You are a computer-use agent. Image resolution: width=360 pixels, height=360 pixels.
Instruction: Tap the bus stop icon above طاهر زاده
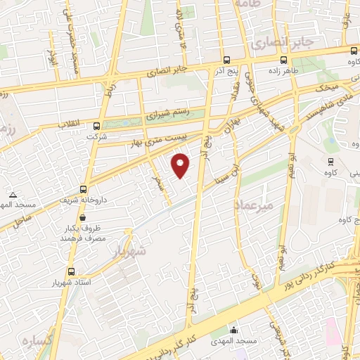click(x=283, y=60)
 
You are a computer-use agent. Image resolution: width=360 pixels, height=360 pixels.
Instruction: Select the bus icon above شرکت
click(x=96, y=127)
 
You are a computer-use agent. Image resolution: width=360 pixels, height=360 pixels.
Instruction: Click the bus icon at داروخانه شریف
click(x=84, y=189)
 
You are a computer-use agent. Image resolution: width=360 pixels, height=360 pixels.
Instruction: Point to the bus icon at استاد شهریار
click(x=70, y=271)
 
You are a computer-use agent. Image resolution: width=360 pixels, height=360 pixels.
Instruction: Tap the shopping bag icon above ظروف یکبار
click(x=83, y=217)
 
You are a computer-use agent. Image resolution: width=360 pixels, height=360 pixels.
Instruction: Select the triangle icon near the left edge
click(x=13, y=194)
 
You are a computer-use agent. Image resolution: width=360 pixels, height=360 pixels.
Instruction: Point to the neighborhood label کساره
click(x=37, y=342)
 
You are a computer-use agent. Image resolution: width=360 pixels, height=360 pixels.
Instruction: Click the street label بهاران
click(x=231, y=127)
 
